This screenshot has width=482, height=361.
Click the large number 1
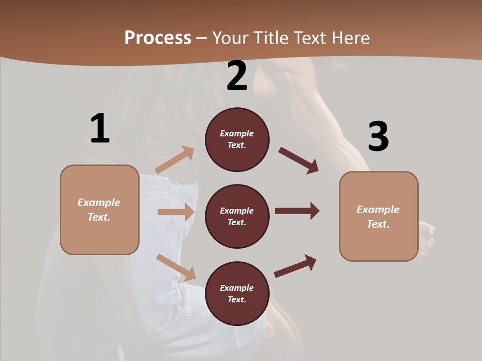click(x=99, y=128)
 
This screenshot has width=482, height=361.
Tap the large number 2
click(x=237, y=76)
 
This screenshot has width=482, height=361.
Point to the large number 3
click(x=378, y=137)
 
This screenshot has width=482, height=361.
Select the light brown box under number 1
click(x=99, y=210)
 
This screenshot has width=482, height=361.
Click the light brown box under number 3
click(x=379, y=217)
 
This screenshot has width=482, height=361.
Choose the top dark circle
click(x=237, y=139)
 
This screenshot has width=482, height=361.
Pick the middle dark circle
click(x=237, y=216)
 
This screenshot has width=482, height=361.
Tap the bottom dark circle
click(x=237, y=293)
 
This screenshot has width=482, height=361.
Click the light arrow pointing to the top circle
click(x=175, y=160)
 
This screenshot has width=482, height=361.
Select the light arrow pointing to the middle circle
click(x=176, y=212)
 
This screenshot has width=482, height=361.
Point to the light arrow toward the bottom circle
click(x=176, y=268)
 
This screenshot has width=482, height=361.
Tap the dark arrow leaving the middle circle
click(x=297, y=211)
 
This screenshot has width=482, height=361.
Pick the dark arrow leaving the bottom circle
click(x=295, y=266)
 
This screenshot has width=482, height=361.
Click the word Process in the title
click(x=158, y=38)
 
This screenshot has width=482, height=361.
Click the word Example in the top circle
click(x=237, y=133)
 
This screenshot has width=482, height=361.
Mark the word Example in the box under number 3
click(x=378, y=210)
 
